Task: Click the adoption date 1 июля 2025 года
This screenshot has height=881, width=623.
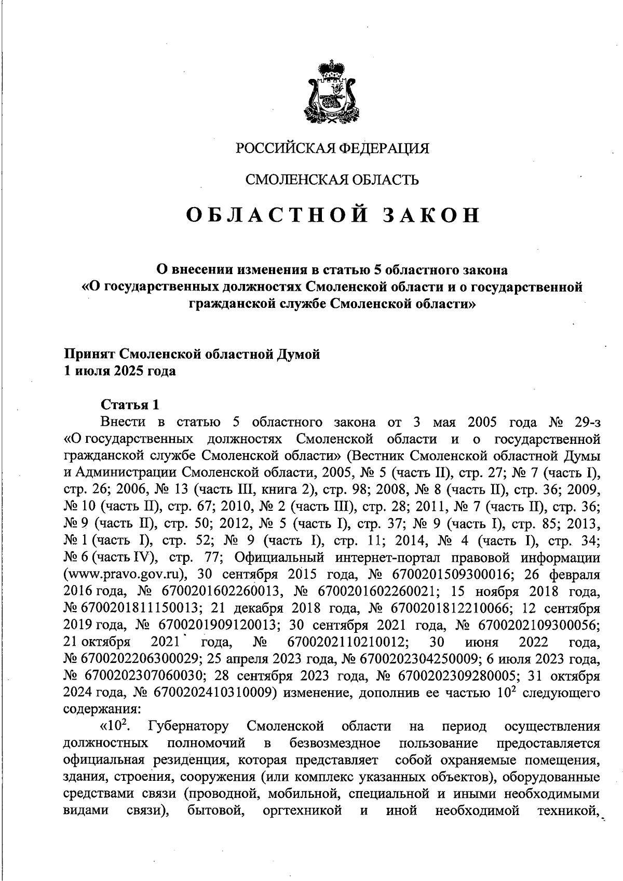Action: pyautogui.click(x=119, y=371)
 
